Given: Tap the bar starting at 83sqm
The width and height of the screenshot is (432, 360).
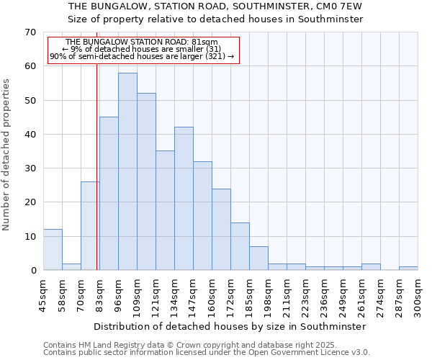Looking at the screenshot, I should tap(109, 194).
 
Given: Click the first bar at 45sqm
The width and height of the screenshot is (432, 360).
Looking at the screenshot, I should tap(53, 250).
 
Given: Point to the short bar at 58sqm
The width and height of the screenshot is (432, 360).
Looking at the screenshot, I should tap(71, 266).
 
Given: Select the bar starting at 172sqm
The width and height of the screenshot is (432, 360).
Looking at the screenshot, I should tap(240, 246).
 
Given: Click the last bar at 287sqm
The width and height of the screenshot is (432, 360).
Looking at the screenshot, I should tap(408, 269).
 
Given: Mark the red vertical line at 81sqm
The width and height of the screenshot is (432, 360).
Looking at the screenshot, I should tap(96, 180).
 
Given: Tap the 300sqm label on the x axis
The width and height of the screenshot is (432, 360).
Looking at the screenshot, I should tap(418, 295).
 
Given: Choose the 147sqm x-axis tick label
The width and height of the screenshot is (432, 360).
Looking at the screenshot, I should tap(193, 295).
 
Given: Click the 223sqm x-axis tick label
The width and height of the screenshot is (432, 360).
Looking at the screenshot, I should tap(305, 295).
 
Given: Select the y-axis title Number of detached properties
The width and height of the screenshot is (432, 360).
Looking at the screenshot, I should tap(6, 155).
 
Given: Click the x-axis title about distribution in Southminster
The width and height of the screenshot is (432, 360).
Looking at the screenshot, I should tap(230, 326).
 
